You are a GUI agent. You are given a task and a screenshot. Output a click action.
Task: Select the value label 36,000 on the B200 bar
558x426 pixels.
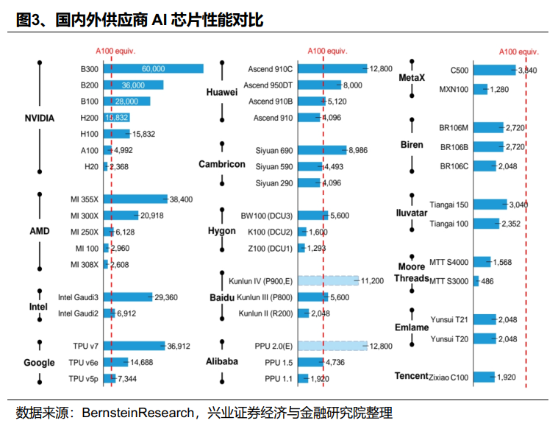[x=133, y=85]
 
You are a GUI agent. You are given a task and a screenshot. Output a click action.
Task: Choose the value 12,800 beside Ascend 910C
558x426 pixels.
[x=382, y=68]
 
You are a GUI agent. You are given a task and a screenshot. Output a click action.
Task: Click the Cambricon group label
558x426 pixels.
[x=222, y=164]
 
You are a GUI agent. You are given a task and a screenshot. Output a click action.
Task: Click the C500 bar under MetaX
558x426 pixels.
[x=494, y=70]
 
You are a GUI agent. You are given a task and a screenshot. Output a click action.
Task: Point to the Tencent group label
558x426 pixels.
[x=412, y=376]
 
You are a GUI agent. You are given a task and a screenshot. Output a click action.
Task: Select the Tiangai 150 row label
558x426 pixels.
[x=448, y=205]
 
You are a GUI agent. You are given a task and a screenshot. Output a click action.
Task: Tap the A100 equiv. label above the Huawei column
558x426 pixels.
[x=326, y=51]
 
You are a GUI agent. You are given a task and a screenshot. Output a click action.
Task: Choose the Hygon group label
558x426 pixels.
[x=222, y=230]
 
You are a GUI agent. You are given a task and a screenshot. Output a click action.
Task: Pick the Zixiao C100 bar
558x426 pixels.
[x=484, y=377]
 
